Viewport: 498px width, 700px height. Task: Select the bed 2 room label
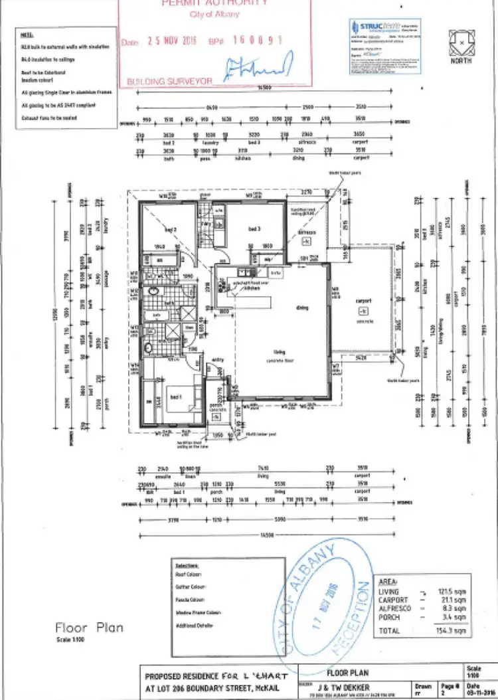pyautogui.click(x=170, y=230)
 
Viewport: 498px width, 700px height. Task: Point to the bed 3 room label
pyautogui.click(x=253, y=229)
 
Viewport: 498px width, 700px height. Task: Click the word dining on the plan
pyautogui.click(x=302, y=307)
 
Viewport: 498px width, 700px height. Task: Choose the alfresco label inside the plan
pyautogui.click(x=306, y=233)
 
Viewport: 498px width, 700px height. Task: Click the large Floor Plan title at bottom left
pyautogui.click(x=89, y=627)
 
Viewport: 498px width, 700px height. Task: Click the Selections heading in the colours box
pyautogui.click(x=187, y=564)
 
